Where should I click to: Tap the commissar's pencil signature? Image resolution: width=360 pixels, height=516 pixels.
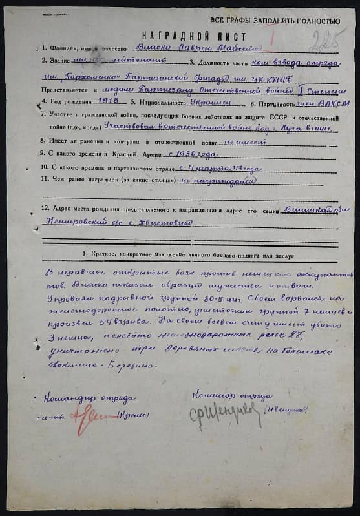[x=224, y=416]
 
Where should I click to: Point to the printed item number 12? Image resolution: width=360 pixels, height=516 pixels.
[x=44, y=210]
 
